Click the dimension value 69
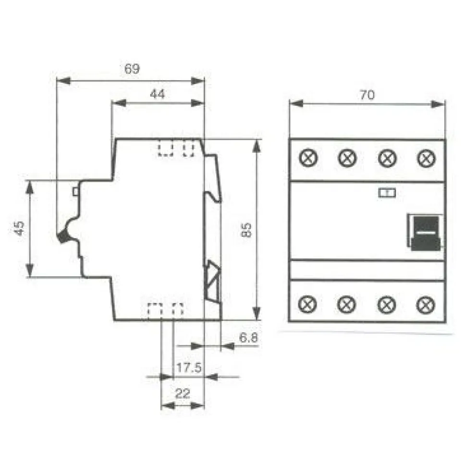point(132,69)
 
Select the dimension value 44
point(157,94)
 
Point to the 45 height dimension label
point(19,228)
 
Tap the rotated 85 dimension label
point(246,230)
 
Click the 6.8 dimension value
point(248,338)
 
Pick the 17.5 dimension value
point(189,368)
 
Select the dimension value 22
point(183,394)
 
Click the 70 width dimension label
point(368,95)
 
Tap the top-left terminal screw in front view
point(308,158)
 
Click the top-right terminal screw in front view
point(427,158)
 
